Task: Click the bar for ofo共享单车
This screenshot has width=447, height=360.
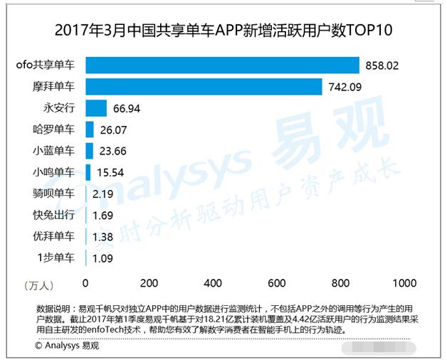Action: coord(222,65)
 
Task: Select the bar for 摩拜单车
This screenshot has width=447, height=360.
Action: coord(204,87)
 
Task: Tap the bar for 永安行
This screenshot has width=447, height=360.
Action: coord(96,108)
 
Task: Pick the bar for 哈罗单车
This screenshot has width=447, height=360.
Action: coord(90,129)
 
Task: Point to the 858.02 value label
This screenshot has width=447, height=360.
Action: coord(382,65)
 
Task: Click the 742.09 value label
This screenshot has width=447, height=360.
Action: coord(345,87)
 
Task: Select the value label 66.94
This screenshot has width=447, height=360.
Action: coord(128,108)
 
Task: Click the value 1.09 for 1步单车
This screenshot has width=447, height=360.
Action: coord(102,258)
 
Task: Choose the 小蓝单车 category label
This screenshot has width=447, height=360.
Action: coord(53,151)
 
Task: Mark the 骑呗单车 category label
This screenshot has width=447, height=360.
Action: coord(53,194)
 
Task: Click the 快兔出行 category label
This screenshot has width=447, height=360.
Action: coord(53,215)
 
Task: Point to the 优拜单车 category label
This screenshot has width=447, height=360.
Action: coord(53,236)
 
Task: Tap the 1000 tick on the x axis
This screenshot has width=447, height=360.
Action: coord(404,283)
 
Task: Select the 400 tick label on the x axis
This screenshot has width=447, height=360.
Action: coord(213,283)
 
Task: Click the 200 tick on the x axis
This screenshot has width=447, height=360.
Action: coord(149,283)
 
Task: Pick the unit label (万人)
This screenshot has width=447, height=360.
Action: coord(38,285)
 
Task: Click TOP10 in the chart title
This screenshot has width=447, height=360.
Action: coord(369,31)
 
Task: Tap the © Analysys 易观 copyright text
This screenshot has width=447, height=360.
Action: coord(67,346)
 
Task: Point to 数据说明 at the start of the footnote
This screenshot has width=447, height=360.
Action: coord(54,309)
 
